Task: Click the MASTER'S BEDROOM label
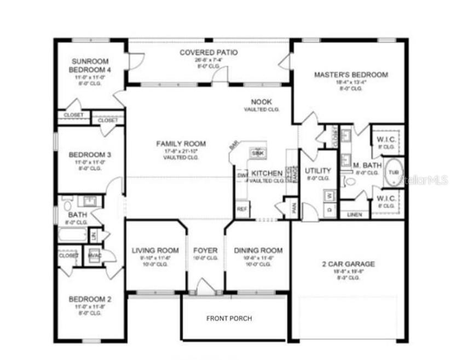[350, 75]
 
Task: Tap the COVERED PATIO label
[209, 53]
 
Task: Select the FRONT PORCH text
[229, 318]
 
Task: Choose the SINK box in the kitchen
[257, 153]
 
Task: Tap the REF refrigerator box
[241, 209]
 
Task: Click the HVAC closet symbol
[93, 255]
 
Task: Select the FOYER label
[205, 250]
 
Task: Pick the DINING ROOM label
[258, 250]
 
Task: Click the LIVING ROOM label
[155, 250]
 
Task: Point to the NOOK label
[261, 102]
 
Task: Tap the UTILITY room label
[318, 170]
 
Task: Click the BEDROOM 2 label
[90, 299]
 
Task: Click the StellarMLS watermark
[424, 179]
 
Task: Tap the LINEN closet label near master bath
[354, 215]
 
